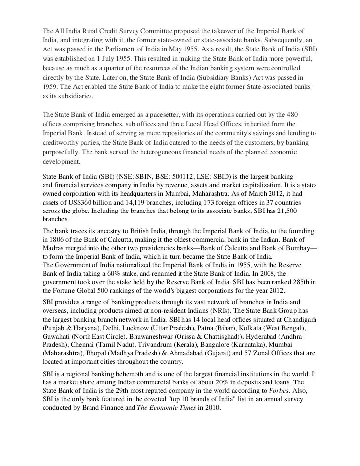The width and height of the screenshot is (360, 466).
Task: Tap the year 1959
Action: coord(50,87)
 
